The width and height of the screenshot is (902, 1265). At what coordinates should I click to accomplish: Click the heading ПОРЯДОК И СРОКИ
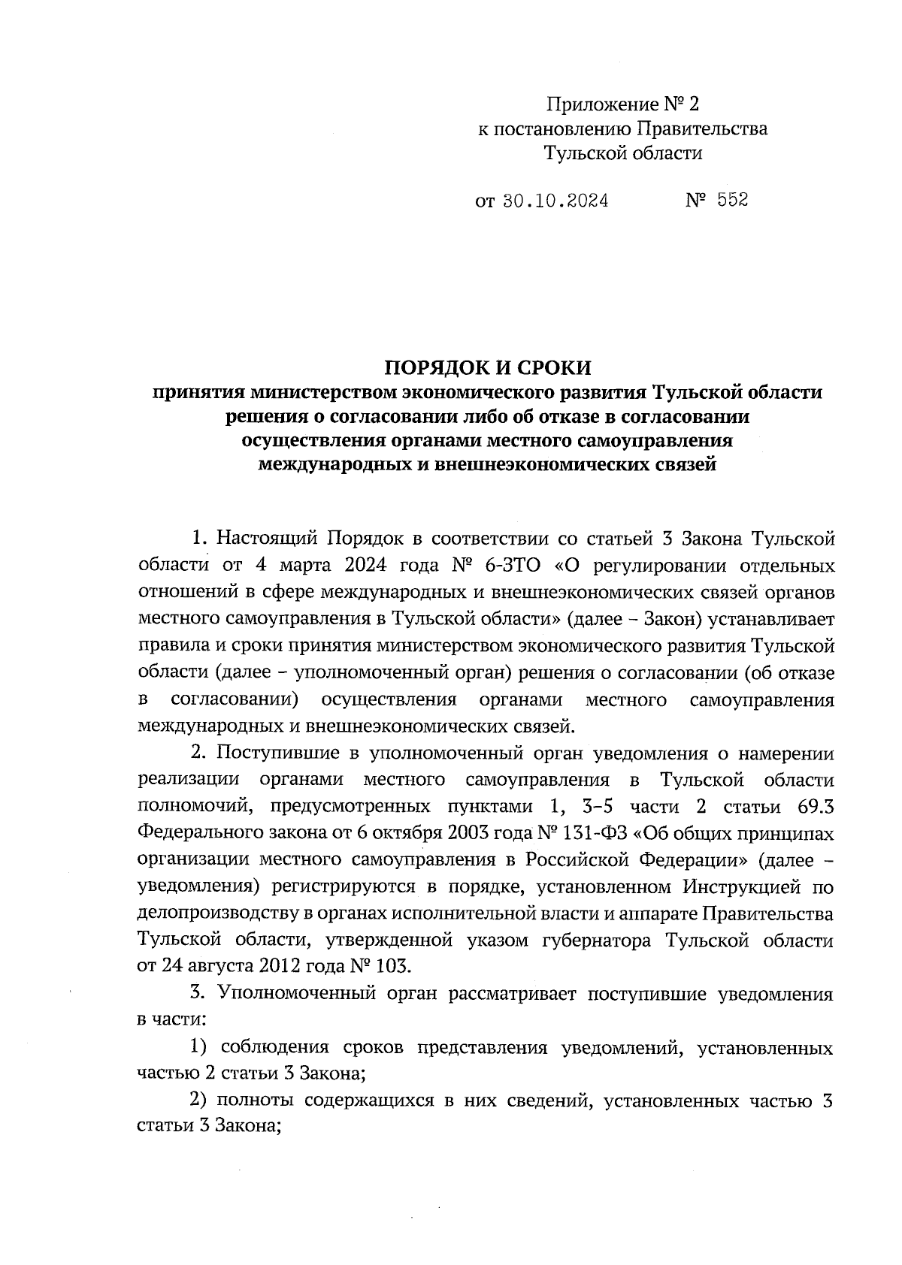pyautogui.click(x=489, y=367)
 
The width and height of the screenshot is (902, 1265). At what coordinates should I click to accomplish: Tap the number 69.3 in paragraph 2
pyautogui.click(x=812, y=807)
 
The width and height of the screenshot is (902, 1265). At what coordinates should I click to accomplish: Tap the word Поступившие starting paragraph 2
pyautogui.click(x=274, y=753)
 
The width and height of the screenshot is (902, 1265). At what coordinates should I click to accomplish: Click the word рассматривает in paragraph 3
pyautogui.click(x=512, y=994)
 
